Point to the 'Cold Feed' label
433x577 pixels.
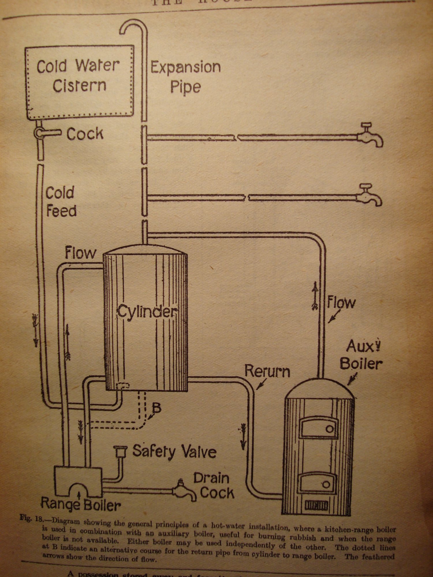pos(61,202)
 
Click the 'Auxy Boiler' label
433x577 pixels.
pos(361,355)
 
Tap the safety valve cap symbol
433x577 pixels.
pos(120,451)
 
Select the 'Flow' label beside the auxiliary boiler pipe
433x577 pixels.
pos(341,303)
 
